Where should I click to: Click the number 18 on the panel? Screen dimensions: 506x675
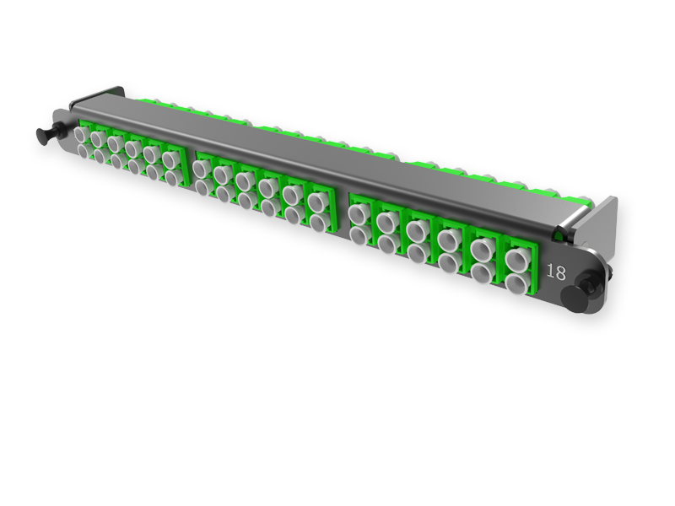click(557, 272)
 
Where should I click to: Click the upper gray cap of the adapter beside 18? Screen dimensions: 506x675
click(515, 257)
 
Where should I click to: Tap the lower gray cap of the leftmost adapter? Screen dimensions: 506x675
click(81, 150)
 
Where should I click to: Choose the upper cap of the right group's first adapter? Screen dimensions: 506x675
click(357, 212)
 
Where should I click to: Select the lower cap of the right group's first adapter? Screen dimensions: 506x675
click(357, 232)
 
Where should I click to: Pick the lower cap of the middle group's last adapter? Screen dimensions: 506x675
click(318, 222)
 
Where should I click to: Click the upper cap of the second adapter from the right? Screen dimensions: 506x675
click(481, 248)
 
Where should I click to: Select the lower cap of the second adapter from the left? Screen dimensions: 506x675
click(98, 155)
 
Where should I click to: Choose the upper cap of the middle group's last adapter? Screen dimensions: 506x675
click(318, 202)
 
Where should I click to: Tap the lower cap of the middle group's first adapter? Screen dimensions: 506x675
click(201, 186)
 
